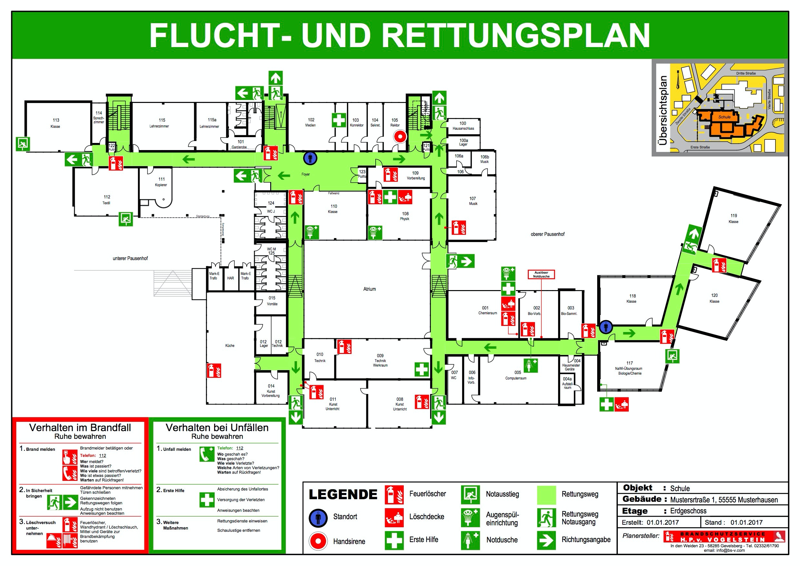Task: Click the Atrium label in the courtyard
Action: (x=369, y=289)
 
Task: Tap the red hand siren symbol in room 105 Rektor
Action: (x=400, y=136)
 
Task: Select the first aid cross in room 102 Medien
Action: (x=339, y=120)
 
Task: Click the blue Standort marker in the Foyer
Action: (x=310, y=158)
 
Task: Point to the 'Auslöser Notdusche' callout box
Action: (x=541, y=275)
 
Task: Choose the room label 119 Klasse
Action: (x=734, y=219)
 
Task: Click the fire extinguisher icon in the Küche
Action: (x=214, y=370)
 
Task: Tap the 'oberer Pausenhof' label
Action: (x=548, y=234)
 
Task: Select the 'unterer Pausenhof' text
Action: (x=130, y=258)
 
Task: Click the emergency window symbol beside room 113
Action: (x=23, y=144)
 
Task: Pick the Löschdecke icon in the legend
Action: (x=394, y=518)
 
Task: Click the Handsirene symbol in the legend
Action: (x=318, y=541)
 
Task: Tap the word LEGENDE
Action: (x=343, y=494)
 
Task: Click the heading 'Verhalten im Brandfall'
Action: (x=80, y=428)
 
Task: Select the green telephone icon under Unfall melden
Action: (x=207, y=454)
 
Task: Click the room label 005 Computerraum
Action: (x=516, y=375)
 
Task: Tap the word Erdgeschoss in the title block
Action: (x=688, y=511)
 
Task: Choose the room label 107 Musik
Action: (x=473, y=201)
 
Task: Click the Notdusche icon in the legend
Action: (x=470, y=540)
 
